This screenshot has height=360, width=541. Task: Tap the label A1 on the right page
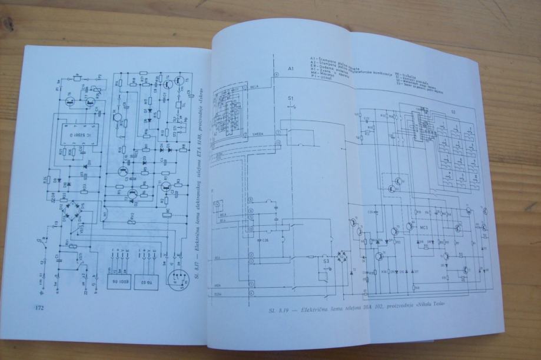(290, 69)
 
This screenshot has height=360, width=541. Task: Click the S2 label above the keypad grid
(453, 111)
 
